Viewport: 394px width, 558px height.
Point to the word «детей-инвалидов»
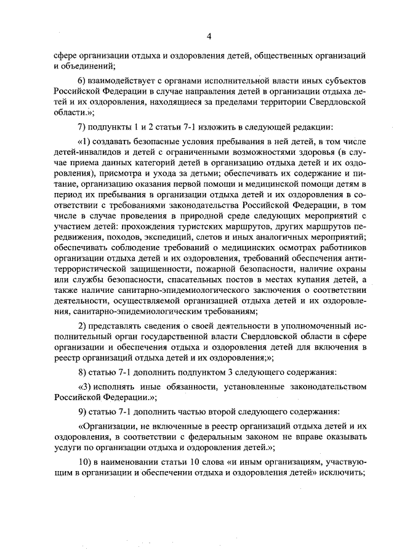(x=85, y=154)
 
